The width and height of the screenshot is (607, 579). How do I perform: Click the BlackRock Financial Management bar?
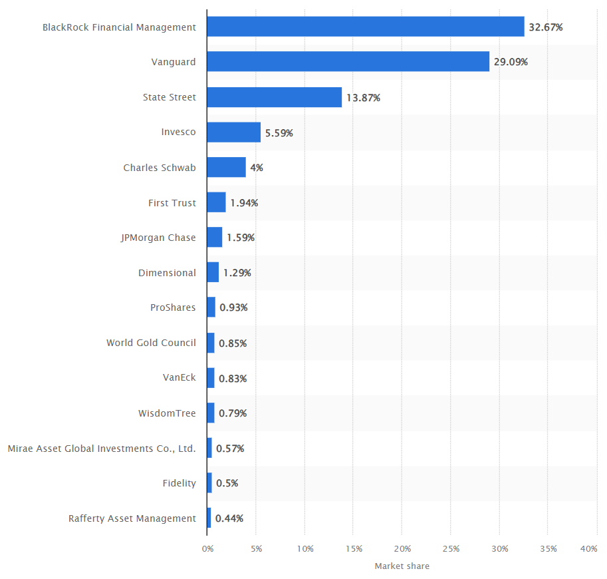point(365,27)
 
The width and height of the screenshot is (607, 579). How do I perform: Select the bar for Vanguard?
point(348,62)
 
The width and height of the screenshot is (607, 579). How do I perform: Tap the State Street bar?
point(274,97)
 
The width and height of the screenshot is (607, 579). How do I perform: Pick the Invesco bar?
point(233,132)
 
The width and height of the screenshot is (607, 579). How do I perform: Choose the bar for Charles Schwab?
point(226,167)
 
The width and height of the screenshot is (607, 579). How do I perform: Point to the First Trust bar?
point(216,202)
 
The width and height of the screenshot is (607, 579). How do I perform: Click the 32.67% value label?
point(545,27)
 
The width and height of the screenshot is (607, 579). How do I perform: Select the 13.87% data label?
point(363,98)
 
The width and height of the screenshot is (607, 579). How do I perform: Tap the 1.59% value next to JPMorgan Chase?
point(241,238)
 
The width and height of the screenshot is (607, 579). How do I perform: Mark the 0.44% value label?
point(229,518)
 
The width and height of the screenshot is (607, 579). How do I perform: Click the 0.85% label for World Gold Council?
point(233,343)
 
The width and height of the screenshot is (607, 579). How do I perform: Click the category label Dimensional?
point(167,273)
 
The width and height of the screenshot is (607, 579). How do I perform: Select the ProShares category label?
point(173,307)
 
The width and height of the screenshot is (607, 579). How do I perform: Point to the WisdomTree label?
point(167,413)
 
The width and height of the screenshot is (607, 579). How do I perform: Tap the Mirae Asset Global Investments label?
point(102,449)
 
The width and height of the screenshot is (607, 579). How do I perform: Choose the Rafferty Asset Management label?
point(132,518)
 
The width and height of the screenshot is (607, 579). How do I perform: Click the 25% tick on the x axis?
point(451,549)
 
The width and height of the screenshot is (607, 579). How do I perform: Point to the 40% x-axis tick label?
point(588,549)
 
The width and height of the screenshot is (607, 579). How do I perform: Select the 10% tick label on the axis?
point(305,549)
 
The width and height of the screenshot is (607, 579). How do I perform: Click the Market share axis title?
point(402,566)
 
